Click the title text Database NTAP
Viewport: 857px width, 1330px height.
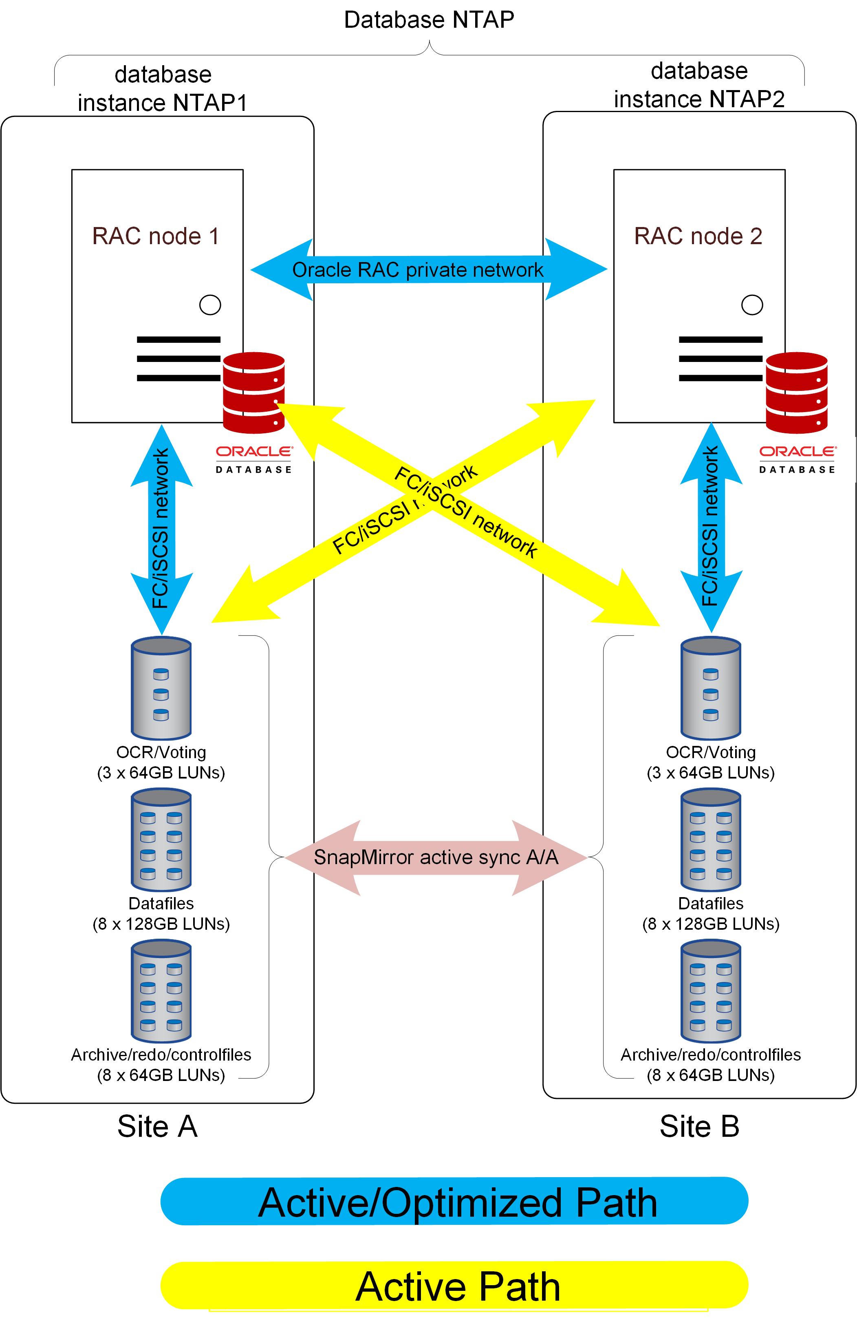[429, 20]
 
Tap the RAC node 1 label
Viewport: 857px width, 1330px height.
[155, 236]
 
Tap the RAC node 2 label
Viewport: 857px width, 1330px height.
[698, 236]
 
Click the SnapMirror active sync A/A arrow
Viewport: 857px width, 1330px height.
[436, 858]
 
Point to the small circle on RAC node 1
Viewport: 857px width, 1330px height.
[210, 304]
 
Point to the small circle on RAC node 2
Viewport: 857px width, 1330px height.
[752, 304]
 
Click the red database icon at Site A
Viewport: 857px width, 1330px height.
[254, 393]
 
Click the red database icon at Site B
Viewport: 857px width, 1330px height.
[796, 393]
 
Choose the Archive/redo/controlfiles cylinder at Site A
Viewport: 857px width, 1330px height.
[161, 991]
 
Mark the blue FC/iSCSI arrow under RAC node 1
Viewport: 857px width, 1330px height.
[161, 529]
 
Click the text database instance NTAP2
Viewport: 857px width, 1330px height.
[699, 85]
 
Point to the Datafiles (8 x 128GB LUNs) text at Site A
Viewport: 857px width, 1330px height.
[161, 913]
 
